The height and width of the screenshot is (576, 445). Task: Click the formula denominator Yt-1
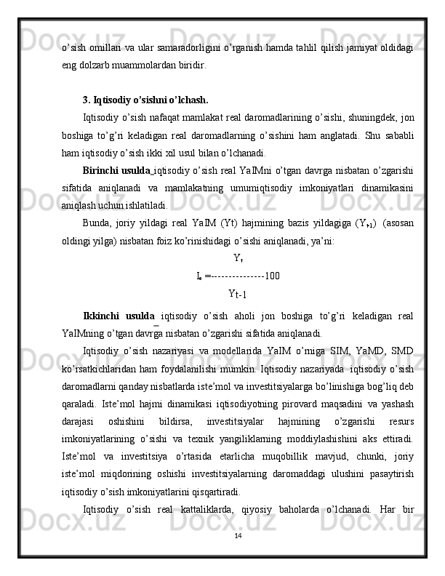click(238, 294)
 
